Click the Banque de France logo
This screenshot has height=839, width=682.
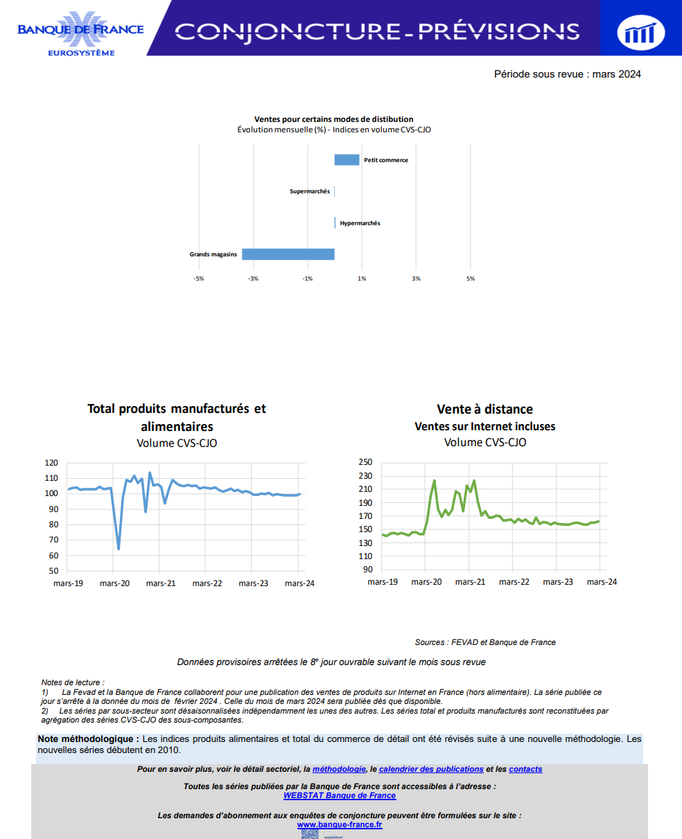pyautogui.click(x=81, y=33)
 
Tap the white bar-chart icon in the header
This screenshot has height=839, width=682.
pyautogui.click(x=640, y=33)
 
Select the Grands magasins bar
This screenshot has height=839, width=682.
pyautogui.click(x=288, y=254)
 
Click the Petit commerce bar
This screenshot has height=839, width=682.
pyautogui.click(x=347, y=159)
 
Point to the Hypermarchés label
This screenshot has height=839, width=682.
pyautogui.click(x=360, y=223)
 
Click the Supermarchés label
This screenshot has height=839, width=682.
pyautogui.click(x=310, y=191)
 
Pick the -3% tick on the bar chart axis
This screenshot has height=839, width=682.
pyautogui.click(x=253, y=279)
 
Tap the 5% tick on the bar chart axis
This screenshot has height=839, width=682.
pyautogui.click(x=471, y=279)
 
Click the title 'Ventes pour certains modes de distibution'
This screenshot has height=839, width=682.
pyautogui.click(x=333, y=119)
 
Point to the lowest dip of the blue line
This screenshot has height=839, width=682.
pyautogui.click(x=119, y=549)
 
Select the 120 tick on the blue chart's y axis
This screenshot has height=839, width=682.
pyautogui.click(x=51, y=463)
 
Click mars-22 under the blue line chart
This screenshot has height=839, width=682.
pyautogui.click(x=207, y=583)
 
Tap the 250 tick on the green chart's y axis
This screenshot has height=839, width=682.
pyautogui.click(x=365, y=462)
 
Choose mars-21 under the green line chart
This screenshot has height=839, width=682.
pyautogui.click(x=470, y=582)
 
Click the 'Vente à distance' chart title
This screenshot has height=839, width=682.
pyautogui.click(x=484, y=409)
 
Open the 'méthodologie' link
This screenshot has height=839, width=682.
pyautogui.click(x=339, y=769)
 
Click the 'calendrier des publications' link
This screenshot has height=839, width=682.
pyautogui.click(x=431, y=769)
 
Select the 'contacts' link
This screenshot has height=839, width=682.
pyautogui.click(x=525, y=769)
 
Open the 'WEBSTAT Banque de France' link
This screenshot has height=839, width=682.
pyautogui.click(x=340, y=795)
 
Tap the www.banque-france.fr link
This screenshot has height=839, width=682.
pyautogui.click(x=340, y=824)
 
